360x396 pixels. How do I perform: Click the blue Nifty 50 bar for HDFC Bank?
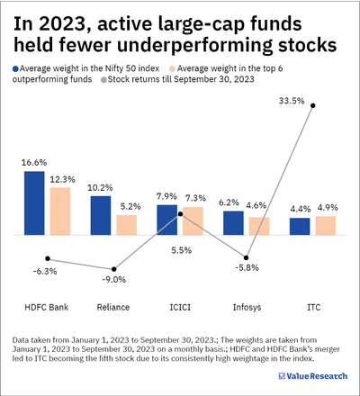(34, 202)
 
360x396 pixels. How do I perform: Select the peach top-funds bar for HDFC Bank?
(59, 211)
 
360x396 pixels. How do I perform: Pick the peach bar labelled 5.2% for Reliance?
(126, 224)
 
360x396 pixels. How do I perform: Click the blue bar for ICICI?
(167, 220)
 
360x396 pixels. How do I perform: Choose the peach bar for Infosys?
(259, 225)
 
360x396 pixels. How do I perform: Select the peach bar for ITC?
(325, 225)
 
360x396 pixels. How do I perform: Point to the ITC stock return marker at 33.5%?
(313, 106)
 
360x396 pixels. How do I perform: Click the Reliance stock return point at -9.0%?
(114, 269)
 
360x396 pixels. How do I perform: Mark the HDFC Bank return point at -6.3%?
(48, 258)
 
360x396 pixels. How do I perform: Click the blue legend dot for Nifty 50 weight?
(16, 68)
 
